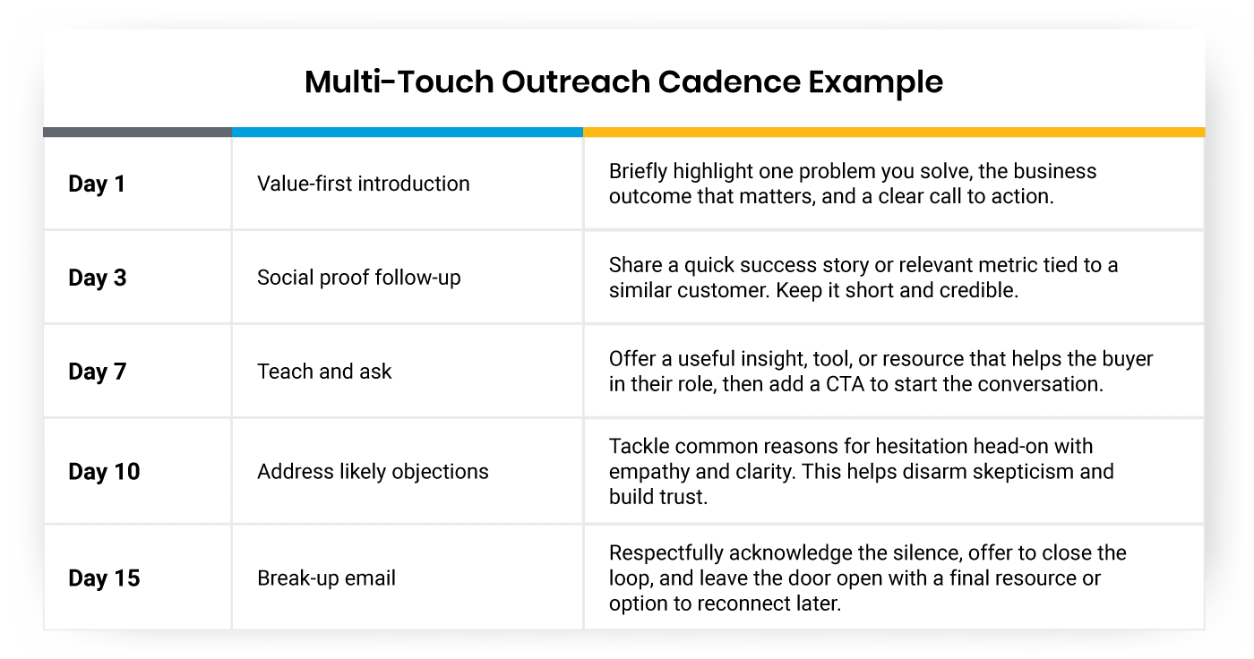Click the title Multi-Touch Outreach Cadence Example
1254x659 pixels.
[x=623, y=81]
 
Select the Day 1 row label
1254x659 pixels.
[x=97, y=184]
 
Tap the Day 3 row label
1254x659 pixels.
[x=97, y=278]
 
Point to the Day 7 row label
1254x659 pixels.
[x=97, y=372]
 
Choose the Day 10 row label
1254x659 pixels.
[x=104, y=471]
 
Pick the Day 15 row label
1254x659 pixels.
[x=104, y=578]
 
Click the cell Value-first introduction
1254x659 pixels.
[x=363, y=184]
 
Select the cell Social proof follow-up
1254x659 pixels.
[x=358, y=278]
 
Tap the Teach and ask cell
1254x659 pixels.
[x=324, y=372]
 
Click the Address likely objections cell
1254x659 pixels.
[x=373, y=471]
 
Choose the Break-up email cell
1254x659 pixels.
[x=326, y=578]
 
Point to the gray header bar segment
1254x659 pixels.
[x=137, y=132]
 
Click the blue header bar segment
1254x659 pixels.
[x=408, y=132]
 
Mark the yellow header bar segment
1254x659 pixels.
[x=894, y=132]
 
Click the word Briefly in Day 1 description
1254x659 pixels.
[x=639, y=171]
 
